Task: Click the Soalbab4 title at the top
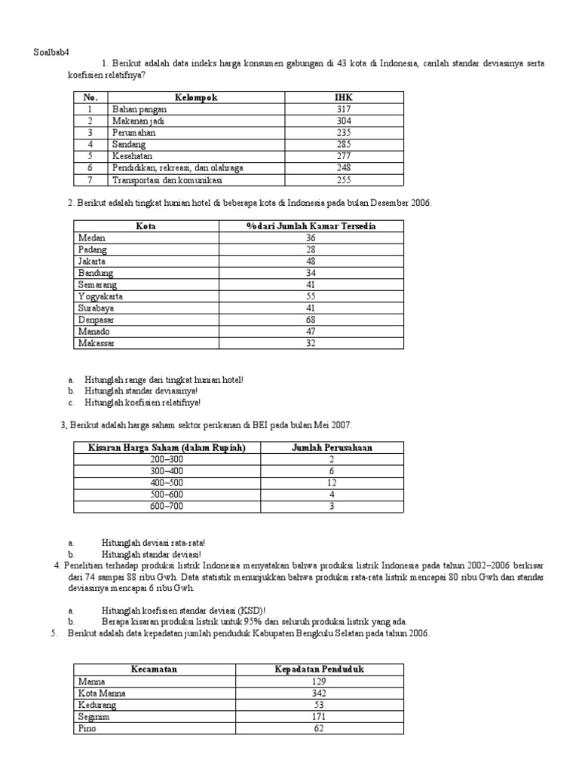click(x=51, y=51)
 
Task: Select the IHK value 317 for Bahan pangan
click(x=343, y=109)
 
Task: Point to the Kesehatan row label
click(x=132, y=156)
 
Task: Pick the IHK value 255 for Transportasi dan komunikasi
click(x=343, y=180)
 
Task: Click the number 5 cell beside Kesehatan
click(x=90, y=156)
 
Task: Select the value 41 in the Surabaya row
click(x=311, y=308)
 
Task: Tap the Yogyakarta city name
click(x=100, y=296)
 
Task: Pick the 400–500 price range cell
click(x=167, y=482)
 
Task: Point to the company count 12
click(x=331, y=482)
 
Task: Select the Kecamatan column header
click(x=154, y=669)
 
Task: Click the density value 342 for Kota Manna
click(x=319, y=693)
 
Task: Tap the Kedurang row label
click(x=96, y=705)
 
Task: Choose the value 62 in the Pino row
click(x=319, y=729)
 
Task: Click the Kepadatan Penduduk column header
click(x=319, y=669)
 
